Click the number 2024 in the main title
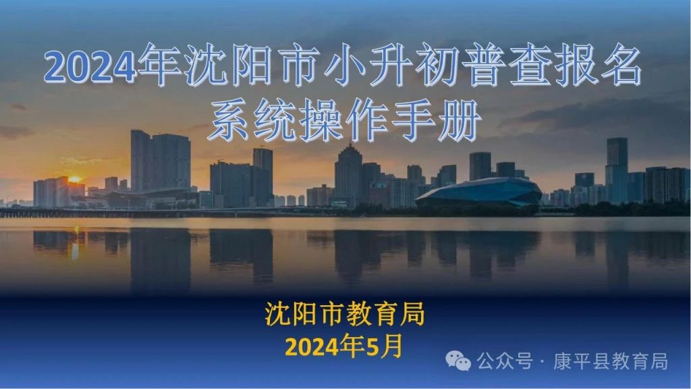coord(90,67)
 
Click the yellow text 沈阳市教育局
coord(345,314)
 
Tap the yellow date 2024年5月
coord(343,346)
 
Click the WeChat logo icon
coord(458,361)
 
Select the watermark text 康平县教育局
coord(610,361)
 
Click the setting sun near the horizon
coord(74,179)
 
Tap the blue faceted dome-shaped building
coord(479,192)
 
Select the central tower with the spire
coord(349,174)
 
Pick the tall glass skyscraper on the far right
coord(617,170)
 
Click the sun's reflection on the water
coord(76,244)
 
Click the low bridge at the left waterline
coord(110,213)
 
